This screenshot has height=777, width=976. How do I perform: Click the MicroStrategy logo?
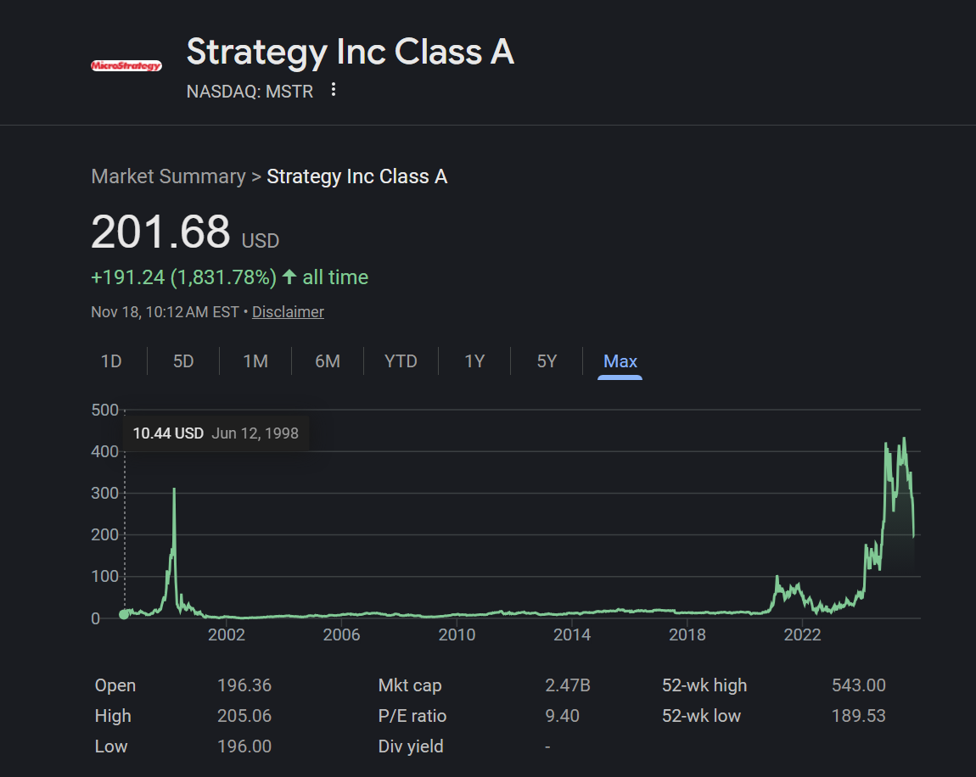[126, 65]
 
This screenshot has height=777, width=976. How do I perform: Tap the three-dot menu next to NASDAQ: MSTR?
[334, 90]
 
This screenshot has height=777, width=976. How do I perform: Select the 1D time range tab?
[111, 361]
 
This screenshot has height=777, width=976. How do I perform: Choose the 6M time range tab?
[328, 361]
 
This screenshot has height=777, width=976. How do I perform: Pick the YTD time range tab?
[401, 361]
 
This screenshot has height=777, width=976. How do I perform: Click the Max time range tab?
[620, 361]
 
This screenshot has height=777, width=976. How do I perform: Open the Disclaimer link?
[288, 311]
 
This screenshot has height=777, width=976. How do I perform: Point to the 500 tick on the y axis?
[104, 410]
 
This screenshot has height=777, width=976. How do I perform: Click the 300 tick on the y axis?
[104, 494]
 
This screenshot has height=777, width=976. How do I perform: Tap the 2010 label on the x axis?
[457, 634]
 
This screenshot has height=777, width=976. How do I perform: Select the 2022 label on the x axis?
[802, 634]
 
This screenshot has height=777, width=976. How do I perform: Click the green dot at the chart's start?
[124, 615]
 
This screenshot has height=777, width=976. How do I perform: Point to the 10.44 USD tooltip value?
[168, 433]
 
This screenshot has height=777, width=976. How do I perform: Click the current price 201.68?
[160, 232]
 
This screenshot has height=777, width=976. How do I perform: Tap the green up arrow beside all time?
[289, 277]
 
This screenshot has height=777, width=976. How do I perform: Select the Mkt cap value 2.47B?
[568, 685]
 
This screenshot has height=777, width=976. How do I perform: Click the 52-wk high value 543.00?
[858, 685]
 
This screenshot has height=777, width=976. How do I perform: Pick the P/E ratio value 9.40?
[562, 715]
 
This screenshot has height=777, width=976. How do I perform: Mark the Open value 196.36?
[244, 685]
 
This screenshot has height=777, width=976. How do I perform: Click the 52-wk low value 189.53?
[858, 715]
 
